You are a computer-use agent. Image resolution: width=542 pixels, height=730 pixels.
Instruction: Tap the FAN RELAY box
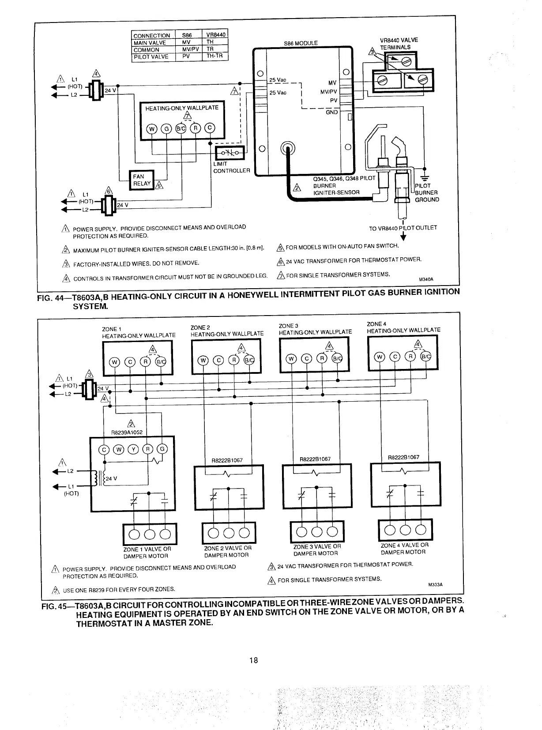(x=142, y=180)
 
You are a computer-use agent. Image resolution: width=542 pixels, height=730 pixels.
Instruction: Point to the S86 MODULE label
(x=301, y=43)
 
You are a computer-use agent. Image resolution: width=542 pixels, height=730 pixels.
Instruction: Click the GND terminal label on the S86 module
(x=331, y=112)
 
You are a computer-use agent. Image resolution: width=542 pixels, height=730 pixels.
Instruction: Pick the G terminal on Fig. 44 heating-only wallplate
(x=166, y=128)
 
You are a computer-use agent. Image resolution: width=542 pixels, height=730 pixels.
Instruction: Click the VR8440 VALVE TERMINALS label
(x=395, y=43)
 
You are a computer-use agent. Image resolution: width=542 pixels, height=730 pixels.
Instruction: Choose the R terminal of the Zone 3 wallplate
(x=323, y=358)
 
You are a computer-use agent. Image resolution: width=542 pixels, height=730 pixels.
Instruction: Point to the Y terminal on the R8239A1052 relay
(x=133, y=450)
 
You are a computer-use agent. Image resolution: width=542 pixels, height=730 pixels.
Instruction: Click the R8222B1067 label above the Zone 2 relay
(x=228, y=460)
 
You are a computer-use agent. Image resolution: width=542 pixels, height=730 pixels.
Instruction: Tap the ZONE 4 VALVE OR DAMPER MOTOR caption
(x=404, y=549)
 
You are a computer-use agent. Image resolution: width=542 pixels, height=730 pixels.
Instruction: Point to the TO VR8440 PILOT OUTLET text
(x=403, y=228)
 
